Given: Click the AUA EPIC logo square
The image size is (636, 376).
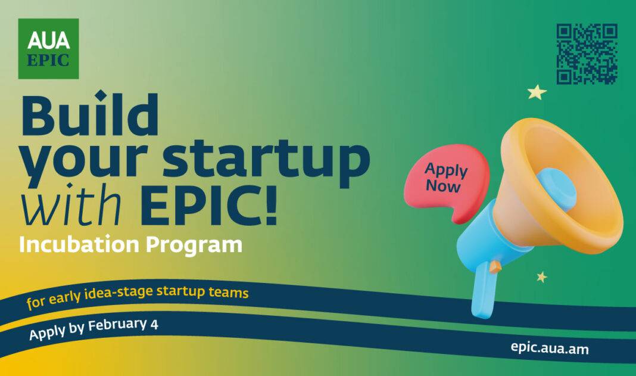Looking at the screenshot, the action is (x=48, y=48).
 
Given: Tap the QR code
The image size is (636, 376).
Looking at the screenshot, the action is (x=587, y=54).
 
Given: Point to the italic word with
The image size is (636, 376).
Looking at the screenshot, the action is (x=72, y=204).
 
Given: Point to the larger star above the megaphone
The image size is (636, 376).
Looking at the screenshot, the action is (x=537, y=92).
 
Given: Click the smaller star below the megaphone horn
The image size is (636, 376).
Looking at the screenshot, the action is (x=541, y=277).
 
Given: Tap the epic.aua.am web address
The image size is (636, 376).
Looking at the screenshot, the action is (x=550, y=348).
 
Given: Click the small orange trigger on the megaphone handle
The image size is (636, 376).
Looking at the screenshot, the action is (x=495, y=266).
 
